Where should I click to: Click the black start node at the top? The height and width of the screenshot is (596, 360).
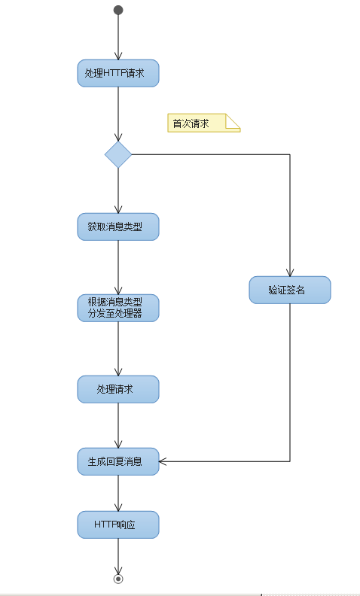click(x=118, y=10)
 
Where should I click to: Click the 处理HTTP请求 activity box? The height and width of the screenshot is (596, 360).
click(x=118, y=73)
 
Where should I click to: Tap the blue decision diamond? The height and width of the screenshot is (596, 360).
click(x=118, y=154)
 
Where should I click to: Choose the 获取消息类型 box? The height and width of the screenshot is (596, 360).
click(x=118, y=227)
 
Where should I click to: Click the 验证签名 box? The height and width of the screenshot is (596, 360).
click(x=290, y=290)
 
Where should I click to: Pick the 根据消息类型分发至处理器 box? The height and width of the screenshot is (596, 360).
click(x=118, y=308)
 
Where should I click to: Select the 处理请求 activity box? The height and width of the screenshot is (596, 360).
click(x=118, y=389)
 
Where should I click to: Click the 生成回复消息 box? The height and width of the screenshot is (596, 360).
click(x=118, y=461)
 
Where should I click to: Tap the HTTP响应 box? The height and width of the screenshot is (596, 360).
click(x=118, y=525)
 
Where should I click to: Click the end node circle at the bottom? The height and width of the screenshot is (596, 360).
click(x=118, y=579)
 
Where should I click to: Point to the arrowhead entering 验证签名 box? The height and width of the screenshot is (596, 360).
click(x=290, y=272)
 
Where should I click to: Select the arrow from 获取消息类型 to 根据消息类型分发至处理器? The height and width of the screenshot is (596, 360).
click(x=118, y=267)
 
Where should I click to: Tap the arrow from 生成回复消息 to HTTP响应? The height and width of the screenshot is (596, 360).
click(x=118, y=493)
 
